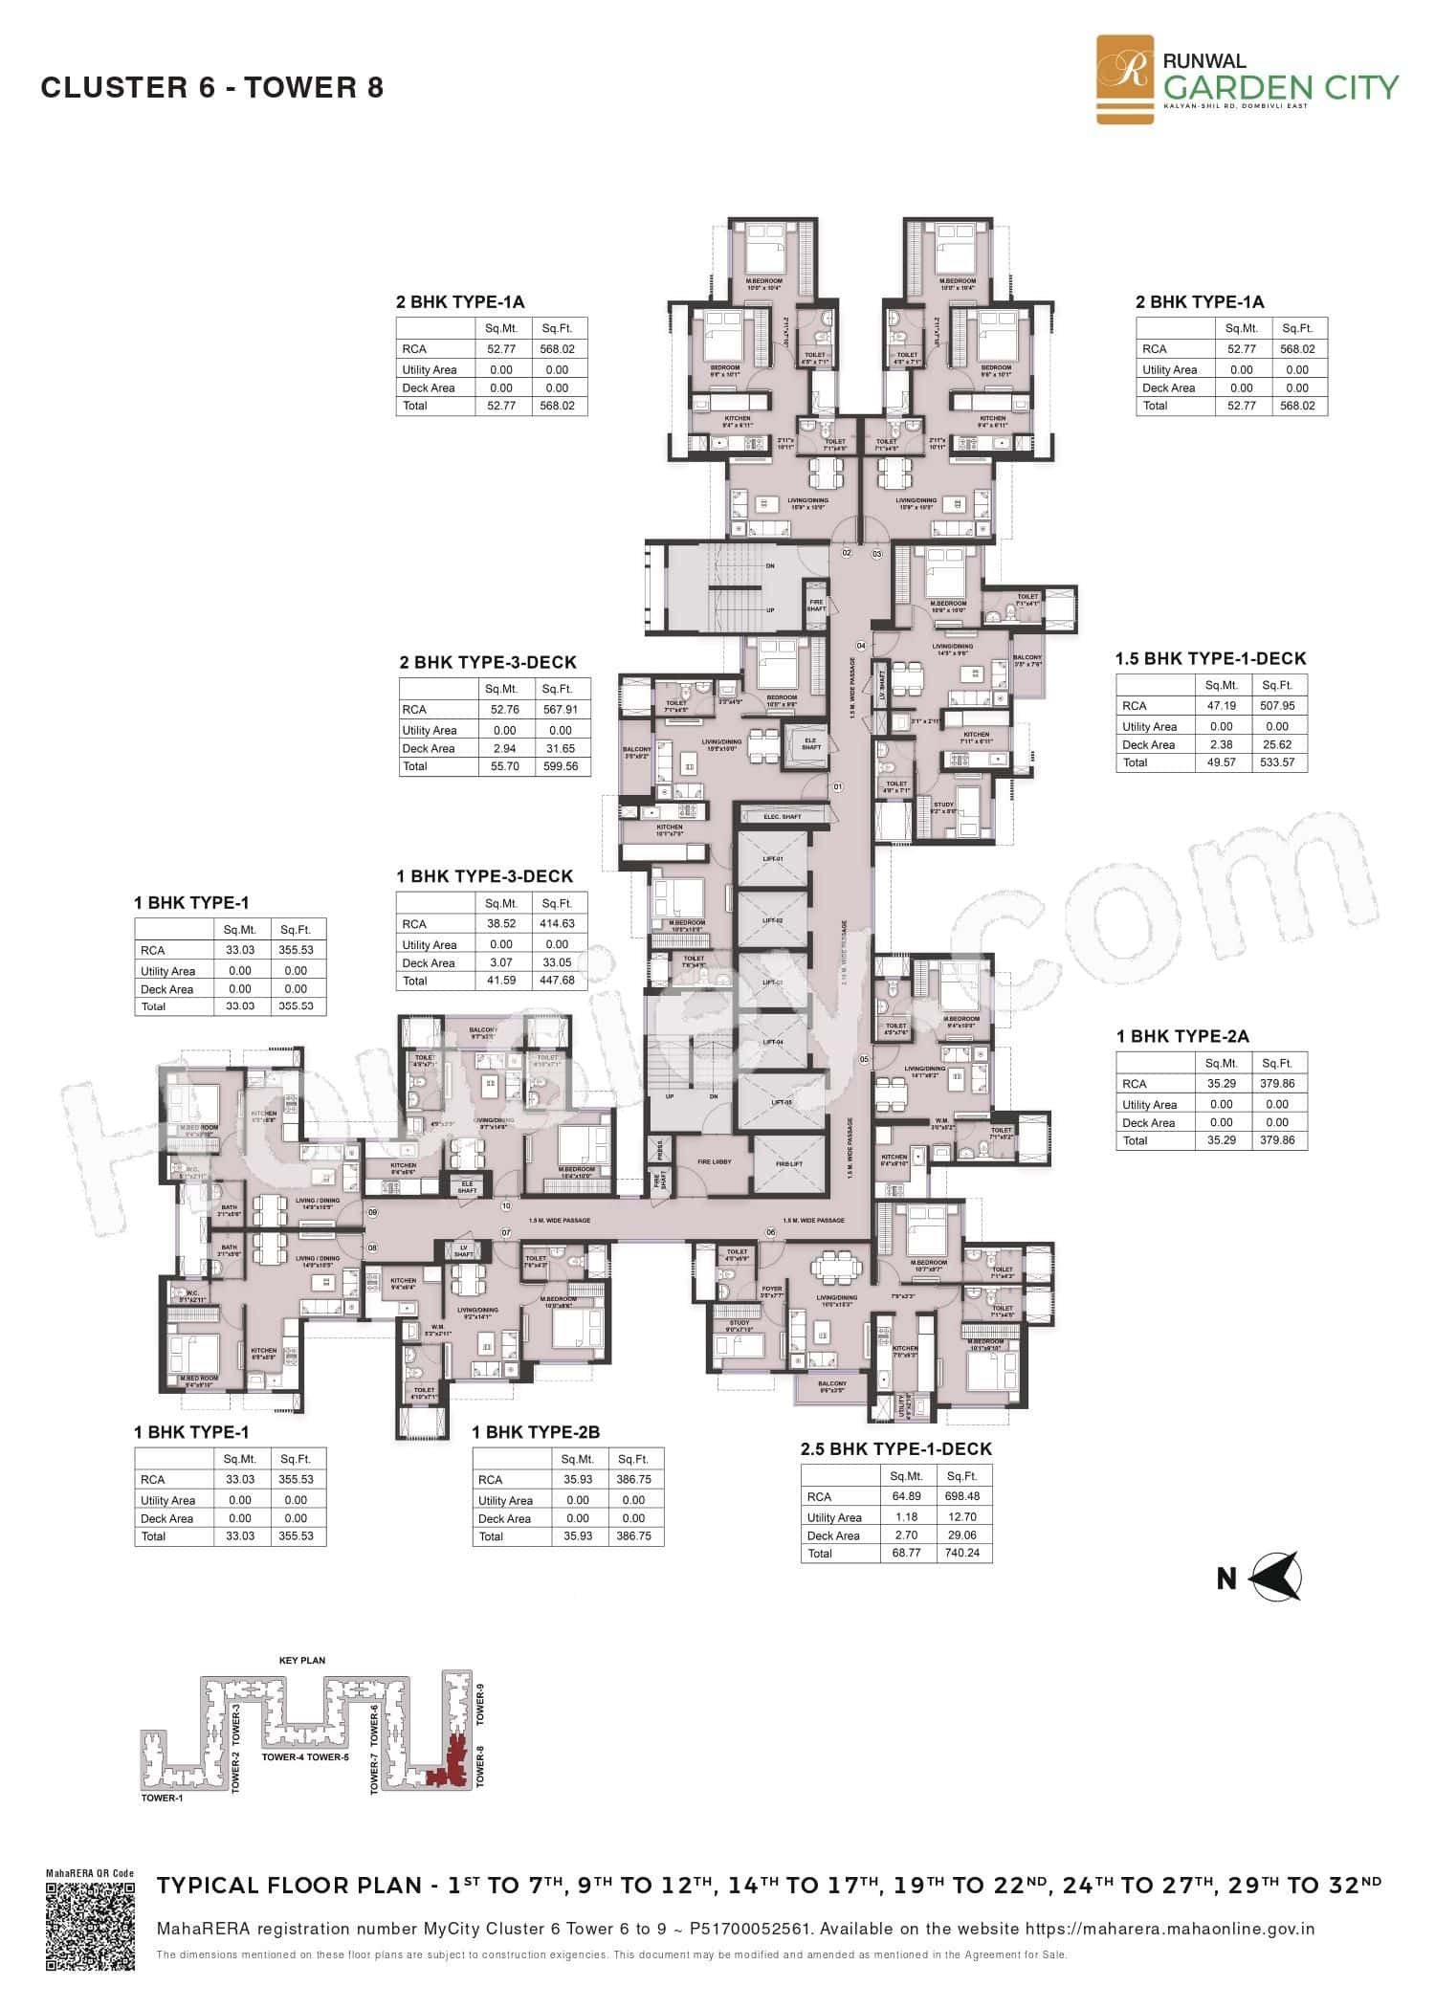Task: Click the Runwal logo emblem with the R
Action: tap(1125, 78)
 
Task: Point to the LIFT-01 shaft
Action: tap(771, 859)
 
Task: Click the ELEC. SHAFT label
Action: tap(781, 817)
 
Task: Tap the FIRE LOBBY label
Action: tap(714, 1161)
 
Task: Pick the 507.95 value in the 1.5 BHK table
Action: tap(1277, 706)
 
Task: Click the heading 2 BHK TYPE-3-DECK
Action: tap(488, 662)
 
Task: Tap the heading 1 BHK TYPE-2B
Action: tap(536, 1432)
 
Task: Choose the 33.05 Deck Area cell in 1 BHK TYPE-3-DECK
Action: tap(557, 963)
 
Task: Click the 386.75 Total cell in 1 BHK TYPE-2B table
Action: tap(633, 1536)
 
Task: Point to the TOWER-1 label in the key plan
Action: tap(162, 1799)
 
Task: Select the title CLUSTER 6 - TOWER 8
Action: tap(212, 88)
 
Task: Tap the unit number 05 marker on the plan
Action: tap(864, 1059)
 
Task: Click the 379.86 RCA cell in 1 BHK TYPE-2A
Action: tap(1276, 1084)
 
